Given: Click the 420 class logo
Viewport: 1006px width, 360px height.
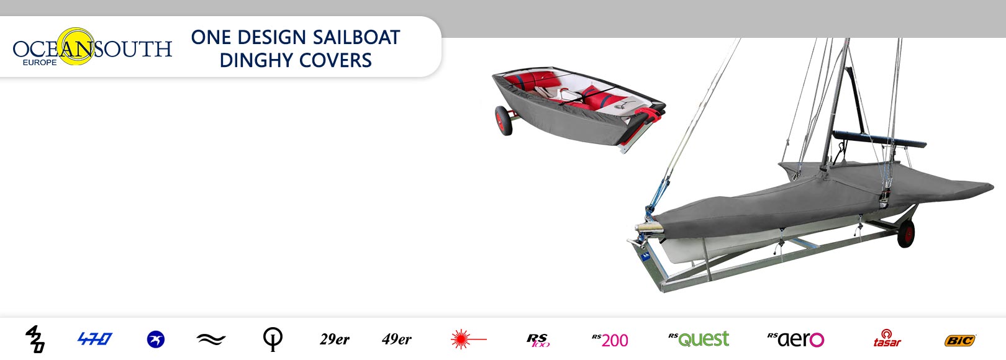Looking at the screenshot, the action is pyautogui.click(x=35, y=339).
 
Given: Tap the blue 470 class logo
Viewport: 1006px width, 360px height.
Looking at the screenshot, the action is pyautogui.click(x=95, y=338).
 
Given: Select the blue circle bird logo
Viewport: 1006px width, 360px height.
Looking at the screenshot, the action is pyautogui.click(x=156, y=340).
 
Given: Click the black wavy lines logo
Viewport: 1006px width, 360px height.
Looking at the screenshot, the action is pyautogui.click(x=211, y=339).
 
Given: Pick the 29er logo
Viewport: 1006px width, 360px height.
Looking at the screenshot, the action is pyautogui.click(x=335, y=339).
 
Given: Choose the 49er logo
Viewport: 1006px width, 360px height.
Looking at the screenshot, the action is pyautogui.click(x=397, y=339).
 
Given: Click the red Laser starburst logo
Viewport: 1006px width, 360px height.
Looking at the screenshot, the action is pyautogui.click(x=468, y=339).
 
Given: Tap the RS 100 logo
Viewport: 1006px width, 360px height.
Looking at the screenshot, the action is pyautogui.click(x=538, y=340).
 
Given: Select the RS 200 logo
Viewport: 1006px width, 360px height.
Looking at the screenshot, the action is pyautogui.click(x=610, y=340).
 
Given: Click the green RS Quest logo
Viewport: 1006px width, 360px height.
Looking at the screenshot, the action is pyautogui.click(x=699, y=339).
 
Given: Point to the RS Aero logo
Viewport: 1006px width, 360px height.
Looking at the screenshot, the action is pyautogui.click(x=796, y=340).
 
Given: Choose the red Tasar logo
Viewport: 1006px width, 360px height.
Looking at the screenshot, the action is pyautogui.click(x=887, y=338).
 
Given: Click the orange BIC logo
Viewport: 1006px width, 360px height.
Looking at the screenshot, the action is pyautogui.click(x=960, y=341).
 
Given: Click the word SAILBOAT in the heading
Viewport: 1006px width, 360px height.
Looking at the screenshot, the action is pyautogui.click(x=356, y=37).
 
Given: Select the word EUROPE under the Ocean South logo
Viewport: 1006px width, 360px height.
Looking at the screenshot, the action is pyautogui.click(x=40, y=63).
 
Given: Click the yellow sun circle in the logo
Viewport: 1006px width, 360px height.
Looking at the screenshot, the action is pyautogui.click(x=76, y=46).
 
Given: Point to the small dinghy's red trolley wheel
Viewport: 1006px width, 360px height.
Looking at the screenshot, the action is pyautogui.click(x=504, y=121).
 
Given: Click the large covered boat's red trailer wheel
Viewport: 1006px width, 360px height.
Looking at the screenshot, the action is pyautogui.click(x=906, y=233).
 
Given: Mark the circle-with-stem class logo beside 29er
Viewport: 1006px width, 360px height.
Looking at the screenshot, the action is pyautogui.click(x=273, y=339).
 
